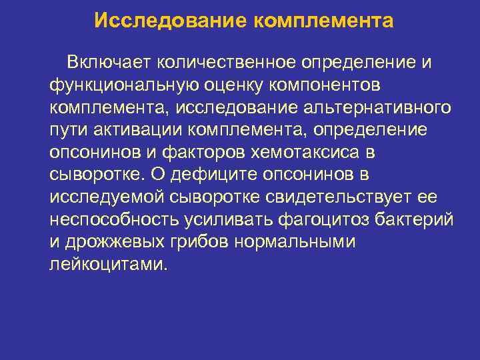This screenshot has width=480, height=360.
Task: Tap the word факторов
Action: [207, 153]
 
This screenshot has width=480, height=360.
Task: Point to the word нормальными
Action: [295, 242]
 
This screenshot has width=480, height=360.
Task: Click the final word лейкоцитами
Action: [105, 265]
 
